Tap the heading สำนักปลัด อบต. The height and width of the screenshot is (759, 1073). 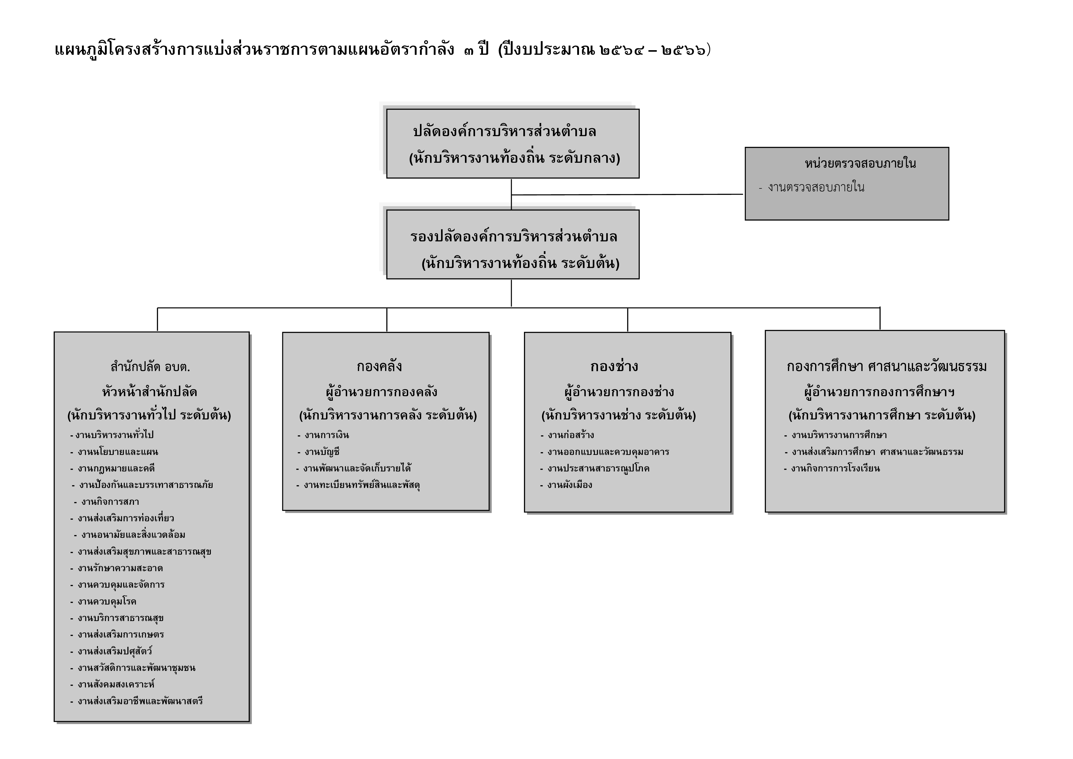(x=150, y=367)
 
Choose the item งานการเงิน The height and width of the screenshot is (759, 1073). (x=327, y=435)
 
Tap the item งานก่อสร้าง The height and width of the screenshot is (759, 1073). (x=571, y=435)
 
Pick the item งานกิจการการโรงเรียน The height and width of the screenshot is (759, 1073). (x=835, y=468)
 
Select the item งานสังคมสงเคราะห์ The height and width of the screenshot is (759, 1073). (x=116, y=684)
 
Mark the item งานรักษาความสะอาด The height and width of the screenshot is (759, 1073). (x=120, y=568)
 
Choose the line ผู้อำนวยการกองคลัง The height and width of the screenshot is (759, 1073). (x=381, y=391)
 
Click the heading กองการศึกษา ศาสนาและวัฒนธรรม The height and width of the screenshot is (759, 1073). (x=886, y=366)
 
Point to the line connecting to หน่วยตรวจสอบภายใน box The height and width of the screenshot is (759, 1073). (x=627, y=195)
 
